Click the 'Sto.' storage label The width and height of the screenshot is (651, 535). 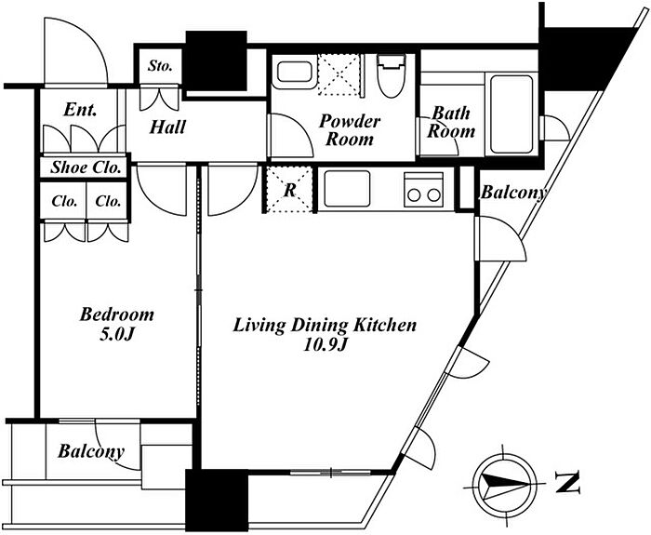[x=160, y=66]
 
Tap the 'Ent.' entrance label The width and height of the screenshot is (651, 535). [x=80, y=110]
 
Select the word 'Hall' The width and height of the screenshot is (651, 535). [x=167, y=127]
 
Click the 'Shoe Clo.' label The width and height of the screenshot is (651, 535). [x=86, y=167]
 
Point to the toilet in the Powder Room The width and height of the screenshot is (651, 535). [x=391, y=75]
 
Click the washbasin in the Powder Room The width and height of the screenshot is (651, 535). [x=294, y=72]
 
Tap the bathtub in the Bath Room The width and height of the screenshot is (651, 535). [x=511, y=114]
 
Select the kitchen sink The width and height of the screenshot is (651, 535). [x=347, y=188]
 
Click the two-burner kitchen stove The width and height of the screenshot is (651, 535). [x=423, y=190]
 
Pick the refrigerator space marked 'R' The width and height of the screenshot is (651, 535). [x=289, y=189]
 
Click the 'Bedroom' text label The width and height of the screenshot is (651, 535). [x=116, y=314]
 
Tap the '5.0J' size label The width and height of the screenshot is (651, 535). [x=116, y=334]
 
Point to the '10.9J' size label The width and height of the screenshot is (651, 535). [x=325, y=344]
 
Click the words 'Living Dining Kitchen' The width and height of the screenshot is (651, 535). [x=325, y=325]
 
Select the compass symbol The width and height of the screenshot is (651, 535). [x=504, y=485]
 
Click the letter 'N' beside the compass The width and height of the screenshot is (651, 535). [x=567, y=483]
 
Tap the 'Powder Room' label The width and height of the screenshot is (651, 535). [x=350, y=130]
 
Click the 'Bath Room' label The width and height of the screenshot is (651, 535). [x=451, y=122]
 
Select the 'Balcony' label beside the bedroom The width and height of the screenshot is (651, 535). [x=91, y=451]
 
